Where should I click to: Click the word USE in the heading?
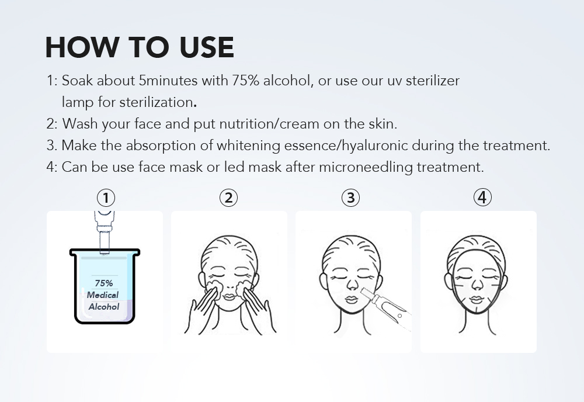(x=207, y=47)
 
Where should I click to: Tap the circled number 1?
(x=106, y=197)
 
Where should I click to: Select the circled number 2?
(x=228, y=197)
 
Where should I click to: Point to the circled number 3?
(x=351, y=197)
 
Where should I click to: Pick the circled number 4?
(x=482, y=197)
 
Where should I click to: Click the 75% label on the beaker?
(x=103, y=283)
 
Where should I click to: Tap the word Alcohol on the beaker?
(x=104, y=307)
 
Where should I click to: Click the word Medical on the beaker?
(x=103, y=294)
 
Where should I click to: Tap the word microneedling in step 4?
(x=366, y=167)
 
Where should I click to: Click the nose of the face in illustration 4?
(x=477, y=284)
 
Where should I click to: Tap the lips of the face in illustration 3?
(x=351, y=300)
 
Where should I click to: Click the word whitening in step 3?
(x=248, y=145)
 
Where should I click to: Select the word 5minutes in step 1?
(x=168, y=81)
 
